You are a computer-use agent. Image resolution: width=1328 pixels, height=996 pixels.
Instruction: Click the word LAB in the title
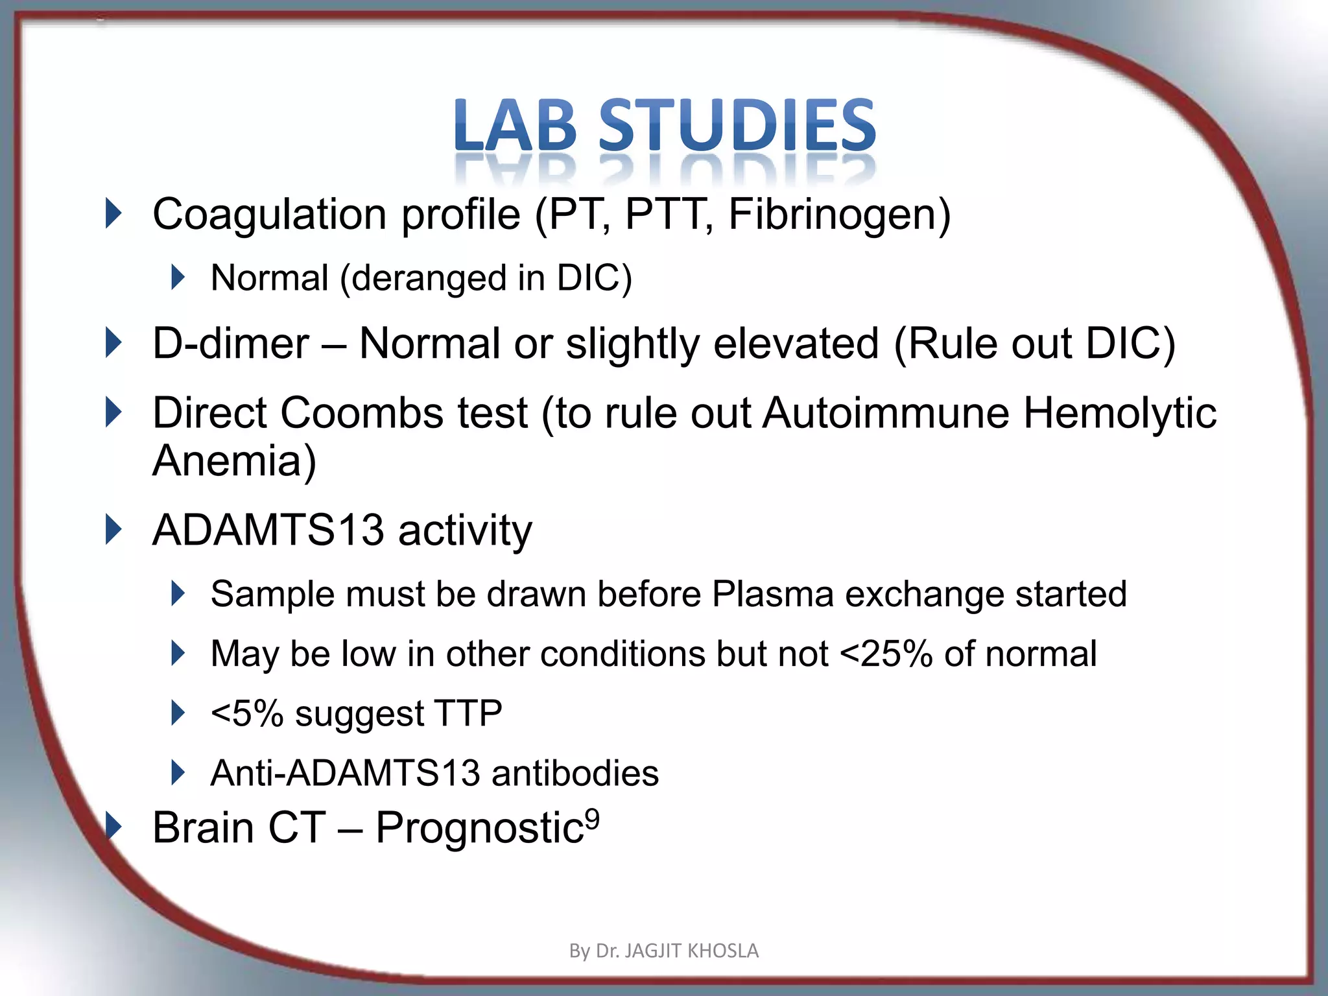(x=516, y=124)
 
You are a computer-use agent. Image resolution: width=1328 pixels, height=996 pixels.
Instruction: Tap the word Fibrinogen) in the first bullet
(x=839, y=215)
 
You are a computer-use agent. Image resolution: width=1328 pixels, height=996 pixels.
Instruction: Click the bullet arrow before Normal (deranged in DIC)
(x=177, y=278)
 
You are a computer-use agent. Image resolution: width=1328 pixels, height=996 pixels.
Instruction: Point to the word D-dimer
(x=230, y=343)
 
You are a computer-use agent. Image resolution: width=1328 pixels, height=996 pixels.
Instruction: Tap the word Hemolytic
(x=1119, y=413)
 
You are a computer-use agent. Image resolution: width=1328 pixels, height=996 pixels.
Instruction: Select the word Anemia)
(x=234, y=460)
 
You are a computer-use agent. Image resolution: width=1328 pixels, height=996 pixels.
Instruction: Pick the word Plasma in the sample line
(x=772, y=594)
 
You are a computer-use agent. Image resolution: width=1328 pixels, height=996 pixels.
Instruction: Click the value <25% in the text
(x=886, y=654)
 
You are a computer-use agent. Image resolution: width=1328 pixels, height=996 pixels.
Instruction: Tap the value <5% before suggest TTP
(x=247, y=713)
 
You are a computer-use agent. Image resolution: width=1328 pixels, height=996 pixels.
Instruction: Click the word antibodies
(x=575, y=773)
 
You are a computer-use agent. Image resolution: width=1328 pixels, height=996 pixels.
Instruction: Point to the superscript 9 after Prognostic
(x=592, y=819)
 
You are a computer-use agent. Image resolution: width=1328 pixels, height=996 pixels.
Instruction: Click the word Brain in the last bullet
(x=203, y=828)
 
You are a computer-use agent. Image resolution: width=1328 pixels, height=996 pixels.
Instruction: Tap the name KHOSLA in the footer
(x=722, y=951)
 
